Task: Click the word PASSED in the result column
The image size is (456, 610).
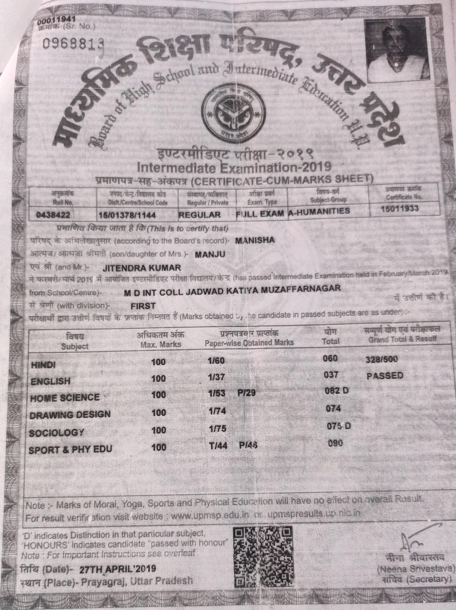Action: click(x=385, y=375)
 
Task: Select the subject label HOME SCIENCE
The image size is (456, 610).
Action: click(x=65, y=398)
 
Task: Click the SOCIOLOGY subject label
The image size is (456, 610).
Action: click(x=57, y=433)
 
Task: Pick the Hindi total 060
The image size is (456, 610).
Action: click(x=330, y=358)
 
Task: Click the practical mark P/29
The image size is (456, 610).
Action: click(x=246, y=393)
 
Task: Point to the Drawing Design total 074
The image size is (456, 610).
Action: click(x=333, y=409)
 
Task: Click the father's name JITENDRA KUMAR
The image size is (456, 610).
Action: click(x=141, y=268)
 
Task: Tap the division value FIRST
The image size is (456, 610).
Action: click(x=143, y=306)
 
